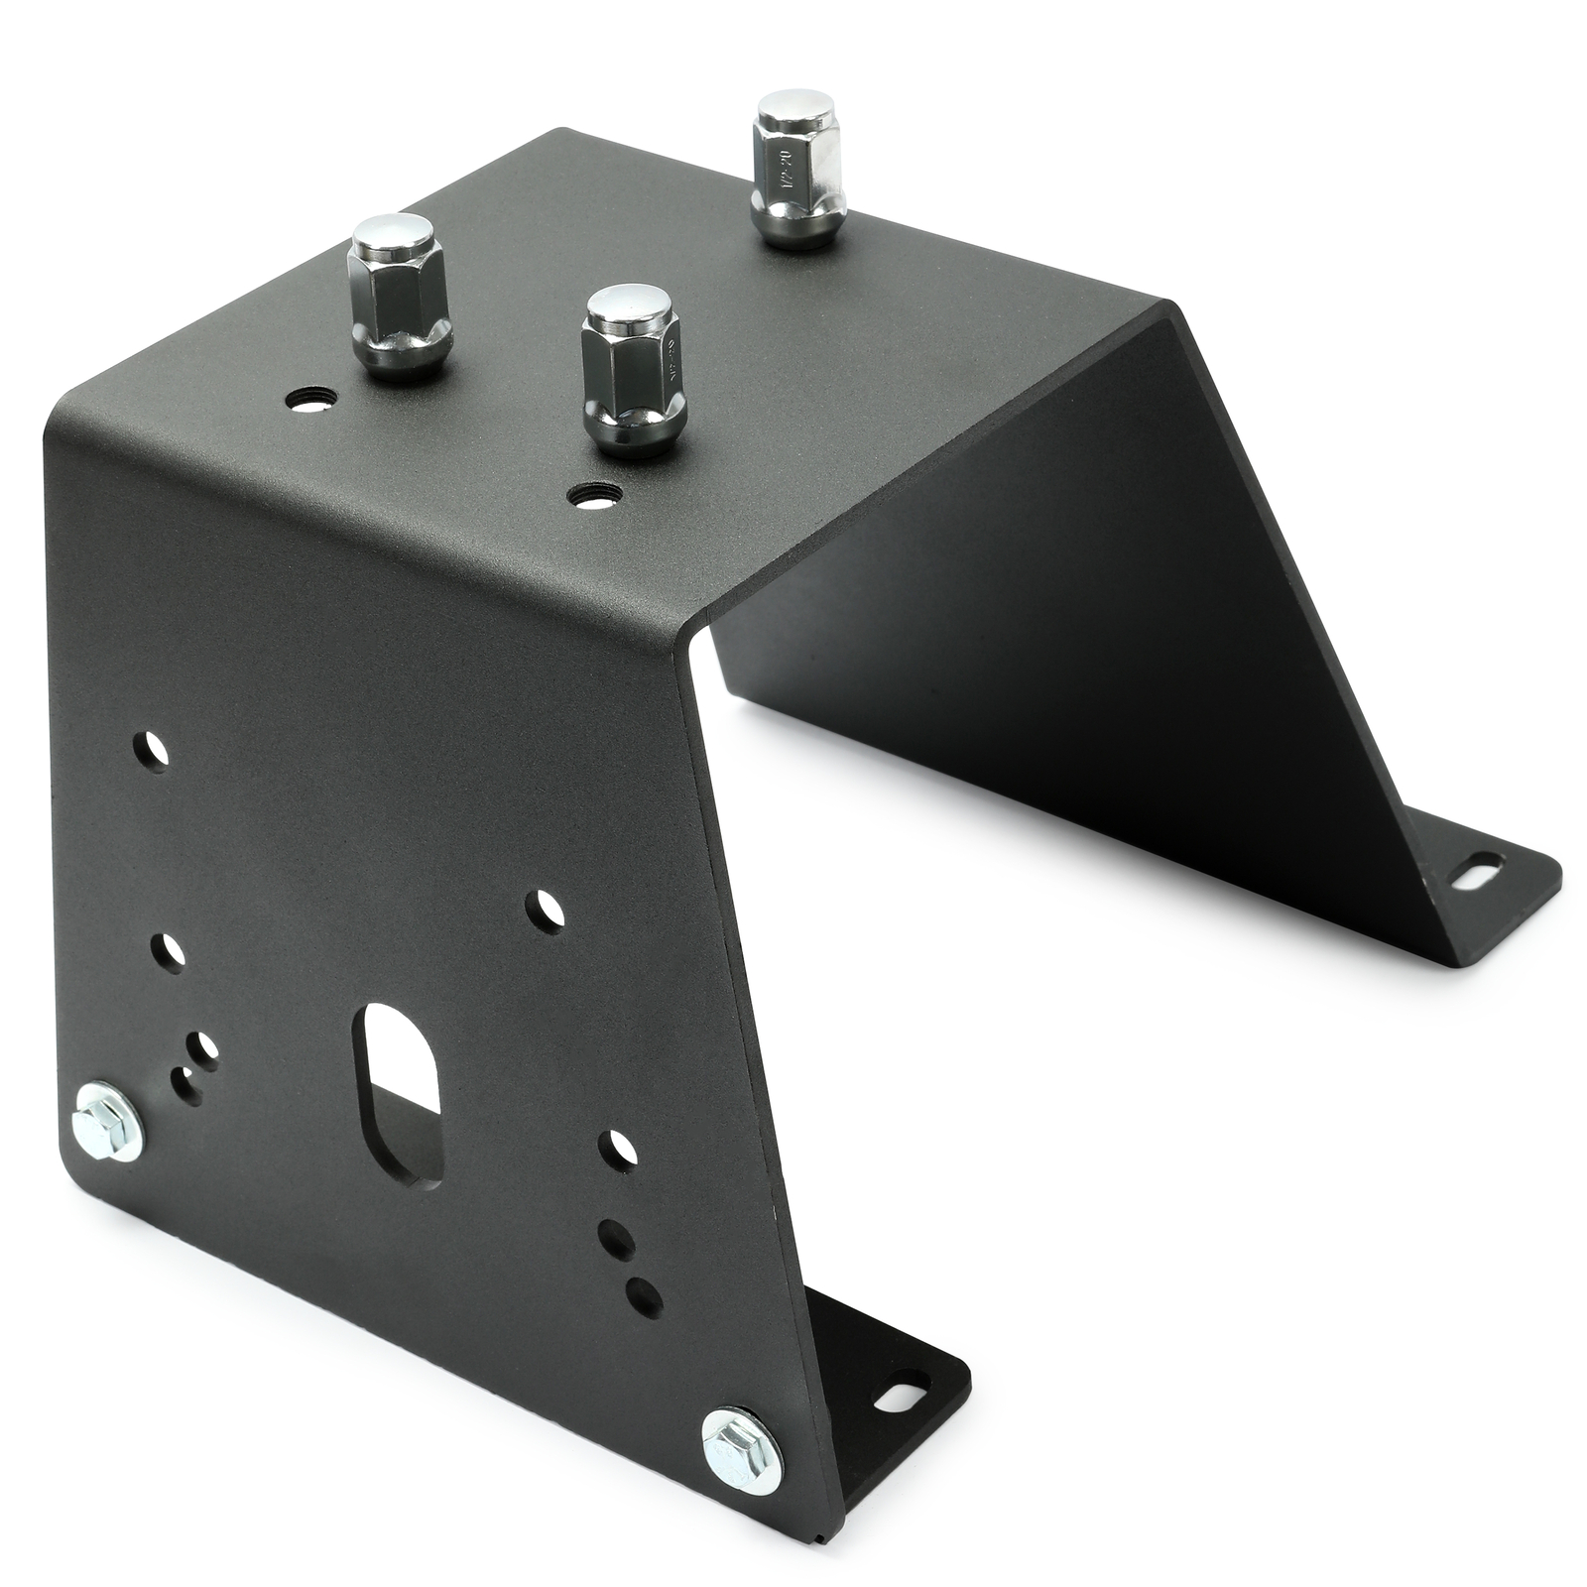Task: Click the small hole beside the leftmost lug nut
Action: (x=309, y=401)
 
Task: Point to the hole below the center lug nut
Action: (x=594, y=493)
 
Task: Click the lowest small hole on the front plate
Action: (x=645, y=1291)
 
